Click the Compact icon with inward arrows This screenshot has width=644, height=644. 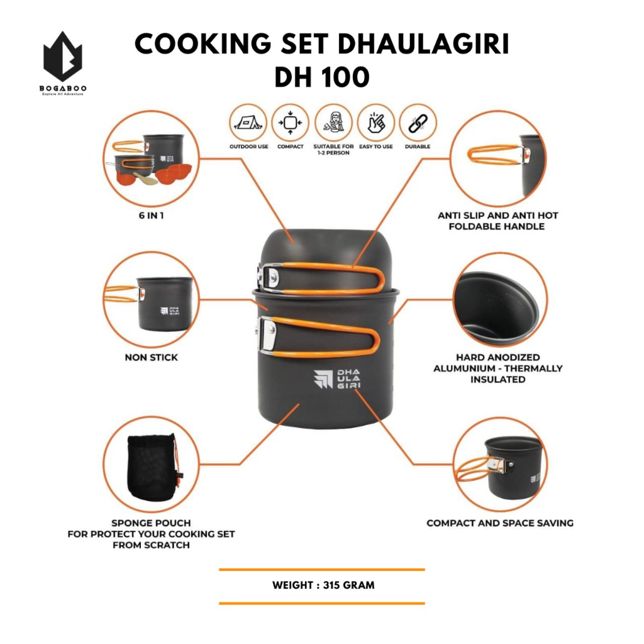coord(290,122)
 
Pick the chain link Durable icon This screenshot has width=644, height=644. coord(418,122)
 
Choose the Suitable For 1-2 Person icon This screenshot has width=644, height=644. coord(333,122)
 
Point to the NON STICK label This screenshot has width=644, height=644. coord(151,357)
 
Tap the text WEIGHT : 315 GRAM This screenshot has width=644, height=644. coord(323,585)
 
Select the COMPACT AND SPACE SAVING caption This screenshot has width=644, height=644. coord(500,523)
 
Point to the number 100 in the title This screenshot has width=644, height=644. coord(347,77)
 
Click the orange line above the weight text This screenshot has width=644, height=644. coord(322,570)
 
